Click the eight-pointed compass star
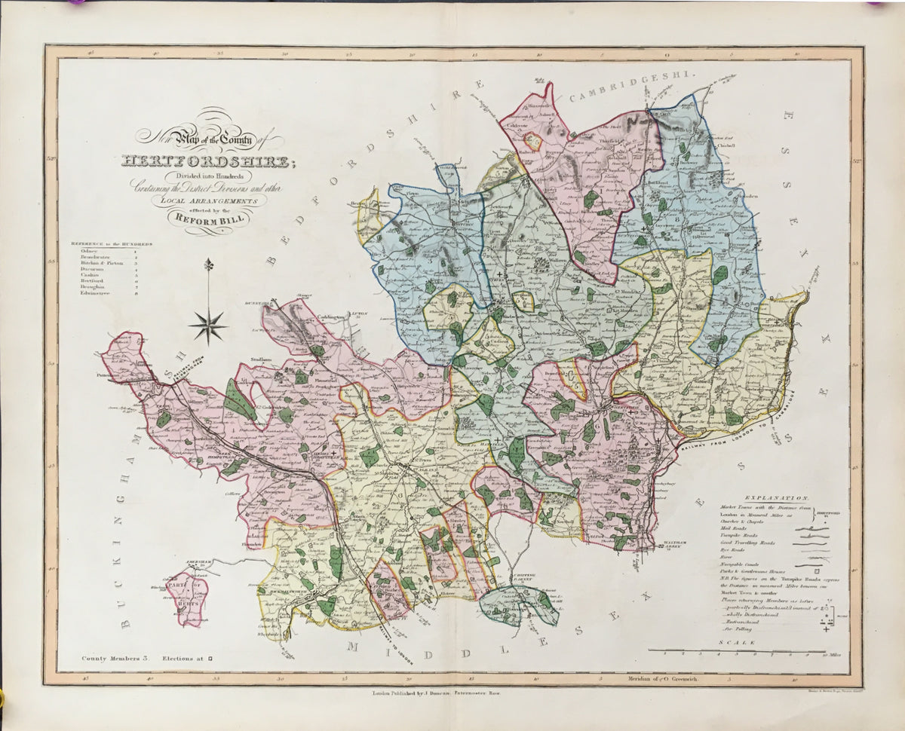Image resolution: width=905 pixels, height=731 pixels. [x=209, y=326]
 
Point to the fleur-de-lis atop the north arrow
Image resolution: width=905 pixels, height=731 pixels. [x=209, y=265]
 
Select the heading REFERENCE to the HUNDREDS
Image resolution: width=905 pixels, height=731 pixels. [x=112, y=244]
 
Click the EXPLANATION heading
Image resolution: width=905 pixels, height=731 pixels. [x=776, y=499]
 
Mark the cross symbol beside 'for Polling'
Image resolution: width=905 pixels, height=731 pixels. [x=827, y=629]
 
